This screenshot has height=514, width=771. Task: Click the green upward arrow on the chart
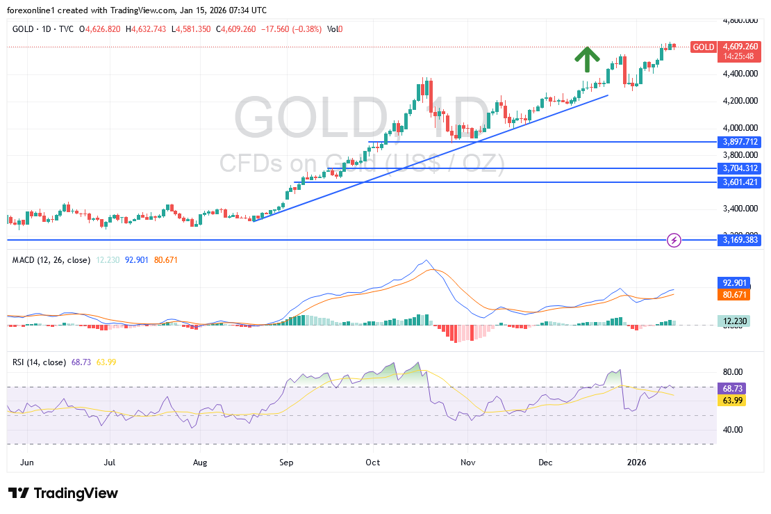tap(587, 60)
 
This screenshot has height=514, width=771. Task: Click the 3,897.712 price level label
tap(739, 141)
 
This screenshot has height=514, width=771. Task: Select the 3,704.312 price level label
tap(739, 168)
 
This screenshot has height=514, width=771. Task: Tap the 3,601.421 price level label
tap(739, 182)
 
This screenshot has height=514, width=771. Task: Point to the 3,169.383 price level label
tap(739, 240)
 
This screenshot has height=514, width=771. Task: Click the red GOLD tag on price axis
tap(703, 47)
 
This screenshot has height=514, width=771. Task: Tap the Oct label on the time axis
tap(373, 461)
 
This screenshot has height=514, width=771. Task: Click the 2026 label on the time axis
tap(637, 461)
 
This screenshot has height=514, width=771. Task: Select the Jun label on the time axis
tap(28, 461)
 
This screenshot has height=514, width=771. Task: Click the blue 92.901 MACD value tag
tap(733, 283)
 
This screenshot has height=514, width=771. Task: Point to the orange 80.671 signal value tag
tap(733, 295)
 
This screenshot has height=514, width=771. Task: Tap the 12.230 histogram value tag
tap(733, 321)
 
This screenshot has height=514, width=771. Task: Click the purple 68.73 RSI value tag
tap(732, 389)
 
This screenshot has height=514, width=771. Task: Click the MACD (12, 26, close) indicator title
tap(51, 260)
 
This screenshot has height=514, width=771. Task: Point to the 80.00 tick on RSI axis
tap(732, 371)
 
